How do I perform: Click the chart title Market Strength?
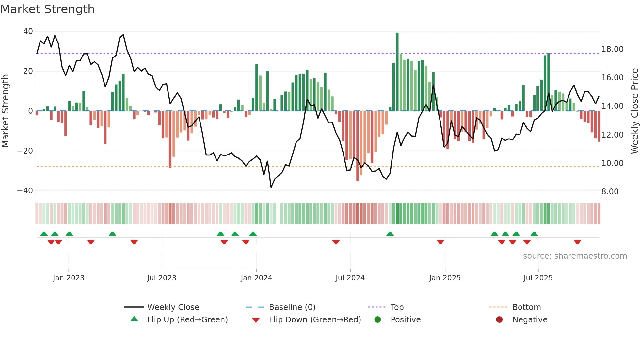(x=47, y=9)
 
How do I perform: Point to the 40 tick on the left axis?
(x=28, y=31)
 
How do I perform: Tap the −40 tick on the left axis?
(x=25, y=191)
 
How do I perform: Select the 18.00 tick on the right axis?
(x=612, y=49)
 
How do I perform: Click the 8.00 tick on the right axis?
(x=610, y=192)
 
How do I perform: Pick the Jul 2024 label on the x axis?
(x=350, y=278)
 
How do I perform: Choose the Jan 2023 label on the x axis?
(x=68, y=278)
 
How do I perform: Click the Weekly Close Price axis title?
(x=634, y=111)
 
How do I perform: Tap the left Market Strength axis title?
(x=5, y=111)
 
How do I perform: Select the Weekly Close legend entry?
(x=173, y=307)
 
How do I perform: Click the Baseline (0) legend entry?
(x=292, y=307)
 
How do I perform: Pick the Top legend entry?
(x=397, y=307)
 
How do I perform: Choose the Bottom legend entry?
(x=526, y=307)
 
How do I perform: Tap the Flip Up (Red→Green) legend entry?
(x=187, y=320)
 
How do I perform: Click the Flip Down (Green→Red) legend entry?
(x=315, y=320)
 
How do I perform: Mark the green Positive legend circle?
(x=377, y=320)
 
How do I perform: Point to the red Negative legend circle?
(x=499, y=320)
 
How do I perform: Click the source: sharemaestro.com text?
(x=575, y=256)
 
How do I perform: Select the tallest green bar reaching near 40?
(x=397, y=72)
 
